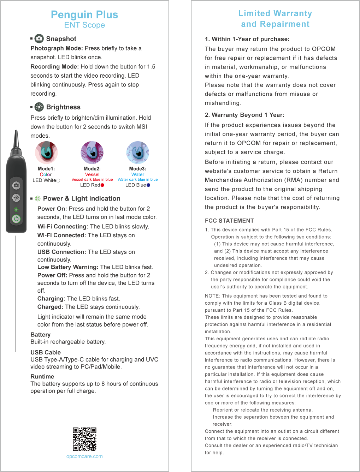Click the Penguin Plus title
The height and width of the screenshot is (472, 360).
pos(84,15)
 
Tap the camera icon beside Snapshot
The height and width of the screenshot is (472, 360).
pos(39,38)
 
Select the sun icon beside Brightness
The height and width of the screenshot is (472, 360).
pos(39,107)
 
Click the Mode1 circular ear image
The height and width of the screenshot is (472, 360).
pos(46,153)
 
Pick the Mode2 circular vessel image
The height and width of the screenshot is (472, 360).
pos(92,153)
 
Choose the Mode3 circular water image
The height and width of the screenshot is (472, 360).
pos(138,153)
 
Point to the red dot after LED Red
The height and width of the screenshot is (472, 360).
pos(102,185)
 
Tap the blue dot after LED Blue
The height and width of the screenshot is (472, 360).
pos(148,185)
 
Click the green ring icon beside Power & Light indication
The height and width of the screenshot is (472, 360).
pos(38,199)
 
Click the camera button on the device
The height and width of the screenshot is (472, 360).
pos(16,185)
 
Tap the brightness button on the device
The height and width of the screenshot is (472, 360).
pos(16,198)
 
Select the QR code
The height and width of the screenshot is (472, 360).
pos(84,439)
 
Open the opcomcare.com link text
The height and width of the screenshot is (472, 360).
pos(84,456)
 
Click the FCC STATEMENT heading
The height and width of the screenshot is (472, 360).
pos(229,221)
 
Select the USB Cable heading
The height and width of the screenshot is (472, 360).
pos(46,352)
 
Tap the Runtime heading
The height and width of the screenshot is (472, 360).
pos(42,377)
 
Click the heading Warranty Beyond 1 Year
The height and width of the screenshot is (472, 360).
pos(244,115)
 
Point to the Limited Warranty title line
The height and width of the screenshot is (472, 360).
pos(275,13)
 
